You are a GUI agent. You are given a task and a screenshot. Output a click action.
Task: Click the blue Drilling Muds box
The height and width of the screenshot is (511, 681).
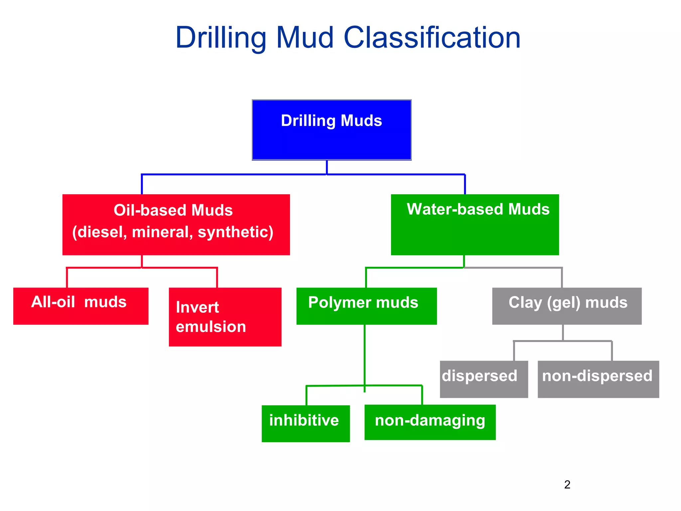click(332, 130)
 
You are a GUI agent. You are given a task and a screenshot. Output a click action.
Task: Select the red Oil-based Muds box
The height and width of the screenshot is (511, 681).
click(176, 225)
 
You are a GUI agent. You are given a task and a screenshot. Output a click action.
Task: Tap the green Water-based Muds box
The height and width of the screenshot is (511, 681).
click(475, 225)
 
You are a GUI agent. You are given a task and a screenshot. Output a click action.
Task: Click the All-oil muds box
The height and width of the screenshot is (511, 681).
click(81, 306)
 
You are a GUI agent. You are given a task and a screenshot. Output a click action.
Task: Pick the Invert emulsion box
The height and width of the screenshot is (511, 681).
click(225, 317)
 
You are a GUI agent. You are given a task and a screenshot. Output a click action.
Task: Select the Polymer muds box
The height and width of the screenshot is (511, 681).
click(366, 306)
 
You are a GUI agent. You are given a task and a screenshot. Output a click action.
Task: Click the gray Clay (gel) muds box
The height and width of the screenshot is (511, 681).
click(567, 306)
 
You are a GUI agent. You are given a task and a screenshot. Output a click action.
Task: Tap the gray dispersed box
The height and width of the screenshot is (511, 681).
click(484, 379)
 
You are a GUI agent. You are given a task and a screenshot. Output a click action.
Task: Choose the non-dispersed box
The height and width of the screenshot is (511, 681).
click(598, 379)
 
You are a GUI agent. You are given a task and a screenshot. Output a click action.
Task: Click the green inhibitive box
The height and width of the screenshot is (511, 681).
click(306, 423)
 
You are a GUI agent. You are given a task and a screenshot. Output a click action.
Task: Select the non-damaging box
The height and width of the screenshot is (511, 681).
click(430, 422)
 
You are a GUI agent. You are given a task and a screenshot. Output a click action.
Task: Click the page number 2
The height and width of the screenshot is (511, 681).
click(567, 484)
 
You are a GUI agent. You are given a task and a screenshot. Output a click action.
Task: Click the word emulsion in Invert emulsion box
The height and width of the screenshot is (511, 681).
click(211, 327)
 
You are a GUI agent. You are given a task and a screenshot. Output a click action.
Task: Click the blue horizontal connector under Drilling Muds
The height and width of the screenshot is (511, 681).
click(233, 174)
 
